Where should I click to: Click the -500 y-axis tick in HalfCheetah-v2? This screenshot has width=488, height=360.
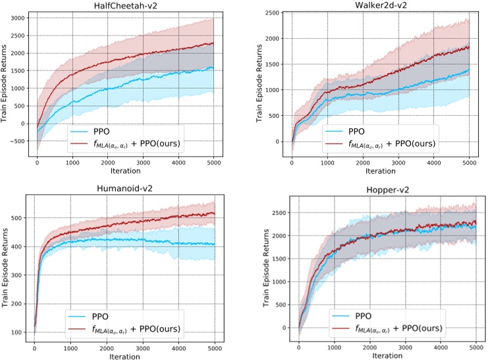click(x=19, y=141)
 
